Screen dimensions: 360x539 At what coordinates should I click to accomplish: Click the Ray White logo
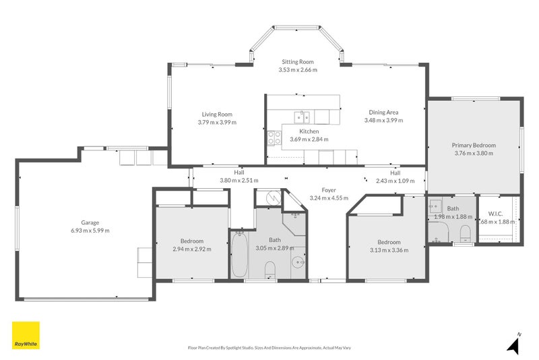pos(26,335)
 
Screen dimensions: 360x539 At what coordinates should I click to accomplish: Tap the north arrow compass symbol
pos(514,344)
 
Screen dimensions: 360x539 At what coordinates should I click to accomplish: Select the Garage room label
pos(90,222)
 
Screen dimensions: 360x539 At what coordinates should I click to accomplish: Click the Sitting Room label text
pos(298,62)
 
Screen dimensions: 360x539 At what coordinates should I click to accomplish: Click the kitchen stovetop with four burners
pos(274,138)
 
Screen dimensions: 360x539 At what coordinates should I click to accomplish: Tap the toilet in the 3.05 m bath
pos(270,270)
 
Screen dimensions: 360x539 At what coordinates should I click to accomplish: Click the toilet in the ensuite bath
pos(464,233)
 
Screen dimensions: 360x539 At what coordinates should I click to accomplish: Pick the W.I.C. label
pos(496,214)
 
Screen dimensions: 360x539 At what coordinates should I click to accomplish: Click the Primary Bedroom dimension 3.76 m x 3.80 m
pos(474,153)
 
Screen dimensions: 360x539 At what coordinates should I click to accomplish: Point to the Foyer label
pos(329,190)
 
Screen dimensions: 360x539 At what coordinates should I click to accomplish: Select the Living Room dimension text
pos(217,123)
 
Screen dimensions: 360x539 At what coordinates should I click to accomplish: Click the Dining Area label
pos(383,112)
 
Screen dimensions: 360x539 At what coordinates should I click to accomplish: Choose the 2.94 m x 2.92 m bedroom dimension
pos(191,249)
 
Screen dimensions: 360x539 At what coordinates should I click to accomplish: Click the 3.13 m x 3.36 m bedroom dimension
pos(389,250)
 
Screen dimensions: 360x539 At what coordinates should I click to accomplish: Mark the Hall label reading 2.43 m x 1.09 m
pos(395,181)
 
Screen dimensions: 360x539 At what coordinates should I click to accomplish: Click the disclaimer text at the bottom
pos(269,348)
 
